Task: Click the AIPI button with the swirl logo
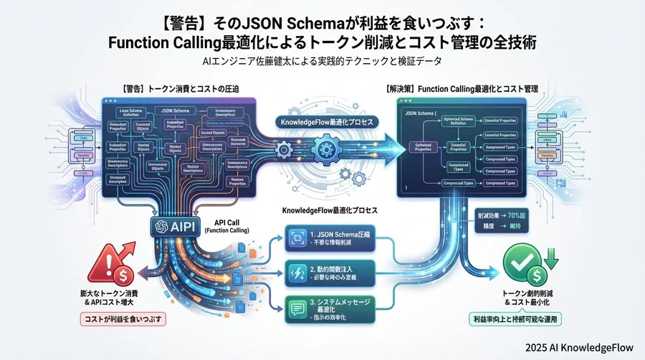click(x=176, y=226)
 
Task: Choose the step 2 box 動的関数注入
click(x=330, y=273)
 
